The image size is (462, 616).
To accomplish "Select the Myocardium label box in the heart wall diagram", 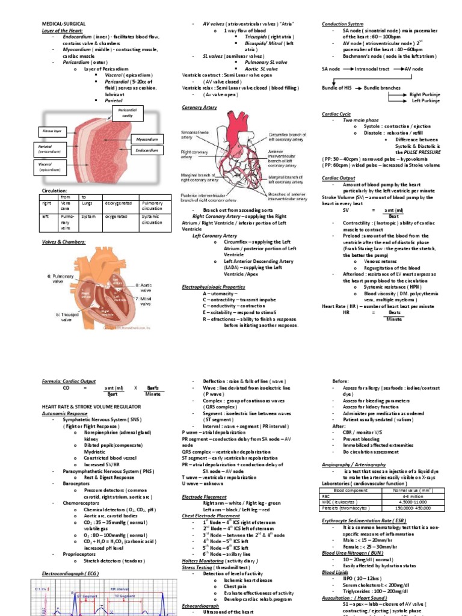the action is pos(147,138).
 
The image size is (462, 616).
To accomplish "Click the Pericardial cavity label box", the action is pos(127,113).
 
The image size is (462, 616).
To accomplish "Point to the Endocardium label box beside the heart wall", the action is pos(147,150).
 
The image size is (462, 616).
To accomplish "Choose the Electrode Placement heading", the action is pos(205,497).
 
